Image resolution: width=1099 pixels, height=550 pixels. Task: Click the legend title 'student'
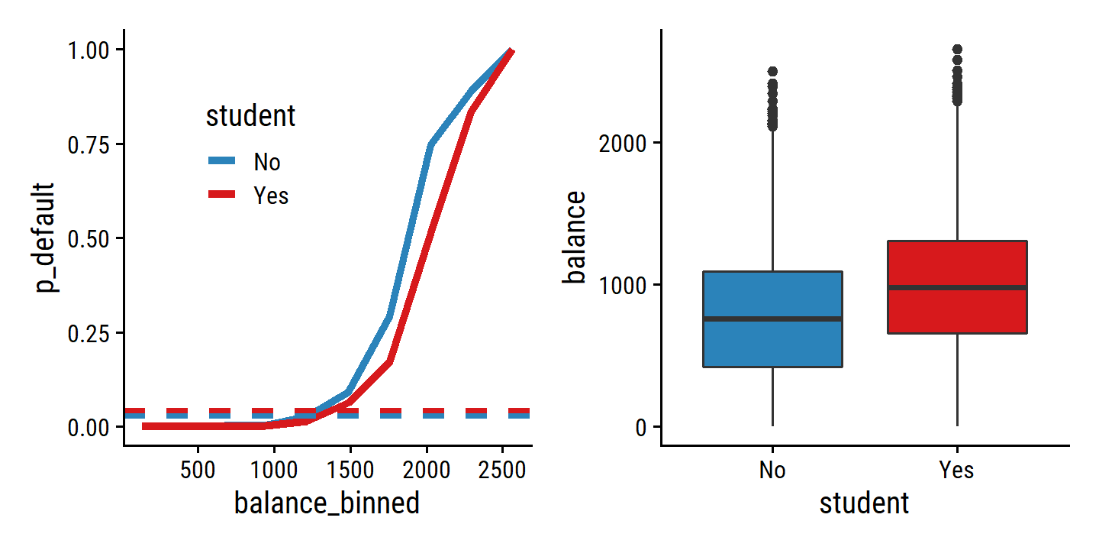coord(250,117)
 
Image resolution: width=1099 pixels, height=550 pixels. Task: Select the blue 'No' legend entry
coord(266,162)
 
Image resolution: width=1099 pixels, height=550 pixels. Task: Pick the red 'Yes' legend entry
coord(271,196)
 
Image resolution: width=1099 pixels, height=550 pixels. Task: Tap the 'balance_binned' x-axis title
coord(327,503)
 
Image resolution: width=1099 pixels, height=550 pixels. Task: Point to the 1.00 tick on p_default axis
coord(89,50)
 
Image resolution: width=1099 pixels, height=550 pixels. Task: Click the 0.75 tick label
coord(89,144)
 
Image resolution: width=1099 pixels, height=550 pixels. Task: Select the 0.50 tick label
coord(89,238)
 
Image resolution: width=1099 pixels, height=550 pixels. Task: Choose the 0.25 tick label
coord(89,333)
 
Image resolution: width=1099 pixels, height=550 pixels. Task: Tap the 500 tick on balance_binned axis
coord(198,469)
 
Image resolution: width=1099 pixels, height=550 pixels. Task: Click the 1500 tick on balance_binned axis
coord(350,469)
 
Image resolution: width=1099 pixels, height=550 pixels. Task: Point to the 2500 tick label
coord(501,469)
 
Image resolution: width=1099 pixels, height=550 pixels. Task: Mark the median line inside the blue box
coord(772,319)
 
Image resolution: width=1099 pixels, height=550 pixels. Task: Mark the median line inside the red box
coord(957,287)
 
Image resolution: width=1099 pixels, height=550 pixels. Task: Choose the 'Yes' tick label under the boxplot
coord(957,469)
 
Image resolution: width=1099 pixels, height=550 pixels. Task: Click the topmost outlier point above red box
coord(957,49)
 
